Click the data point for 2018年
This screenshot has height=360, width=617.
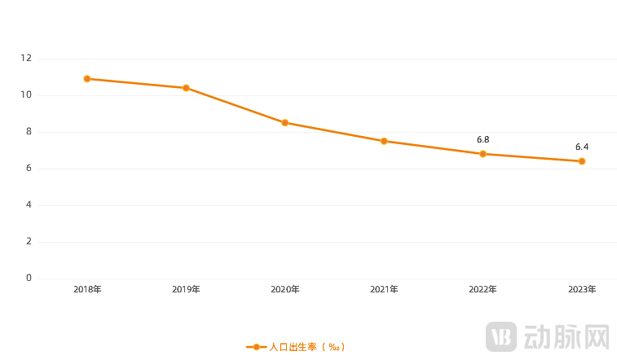87,79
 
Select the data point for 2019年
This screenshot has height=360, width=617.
186,88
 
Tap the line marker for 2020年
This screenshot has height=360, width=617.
284,123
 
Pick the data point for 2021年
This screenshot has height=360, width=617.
384,141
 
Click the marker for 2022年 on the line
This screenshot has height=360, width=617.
483,154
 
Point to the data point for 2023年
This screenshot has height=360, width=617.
582,161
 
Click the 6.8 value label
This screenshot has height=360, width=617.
483,140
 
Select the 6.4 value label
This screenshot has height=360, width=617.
582,147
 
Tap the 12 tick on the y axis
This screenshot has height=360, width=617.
26,59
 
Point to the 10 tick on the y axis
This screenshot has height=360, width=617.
26,95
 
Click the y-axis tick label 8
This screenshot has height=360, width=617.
29,132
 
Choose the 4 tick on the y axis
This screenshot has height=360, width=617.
29,205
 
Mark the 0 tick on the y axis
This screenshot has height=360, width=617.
29,279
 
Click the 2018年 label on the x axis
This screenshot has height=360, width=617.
87,289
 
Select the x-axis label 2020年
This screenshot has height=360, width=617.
284,289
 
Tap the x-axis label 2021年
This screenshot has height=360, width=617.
384,289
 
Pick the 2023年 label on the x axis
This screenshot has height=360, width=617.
582,289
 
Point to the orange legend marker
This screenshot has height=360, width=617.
256,347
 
